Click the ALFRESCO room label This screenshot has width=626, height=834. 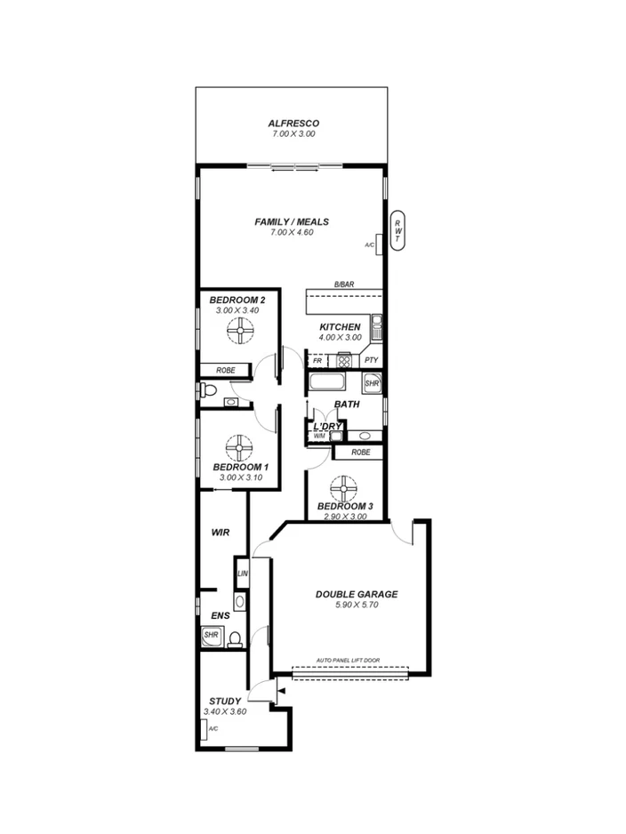tap(293, 123)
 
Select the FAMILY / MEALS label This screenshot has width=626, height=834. tap(292, 221)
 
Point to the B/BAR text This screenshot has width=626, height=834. tap(344, 285)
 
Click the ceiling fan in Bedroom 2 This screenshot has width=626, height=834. tap(238, 333)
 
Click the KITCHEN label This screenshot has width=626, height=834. tap(341, 326)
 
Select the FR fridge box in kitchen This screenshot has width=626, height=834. tap(317, 361)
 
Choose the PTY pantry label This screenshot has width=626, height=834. tap(371, 361)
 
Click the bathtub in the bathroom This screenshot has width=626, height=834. tap(333, 383)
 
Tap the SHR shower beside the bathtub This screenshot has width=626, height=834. tap(373, 383)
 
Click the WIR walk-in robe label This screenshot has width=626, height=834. tap(221, 533)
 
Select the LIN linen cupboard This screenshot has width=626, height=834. tap(242, 573)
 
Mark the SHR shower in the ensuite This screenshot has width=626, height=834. tap(211, 636)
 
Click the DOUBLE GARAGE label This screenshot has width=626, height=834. tap(357, 594)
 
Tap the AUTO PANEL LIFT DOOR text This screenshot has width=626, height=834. tap(349, 661)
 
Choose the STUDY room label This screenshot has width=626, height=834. tap(224, 701)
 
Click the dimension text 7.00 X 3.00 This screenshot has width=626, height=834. tap(293, 133)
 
